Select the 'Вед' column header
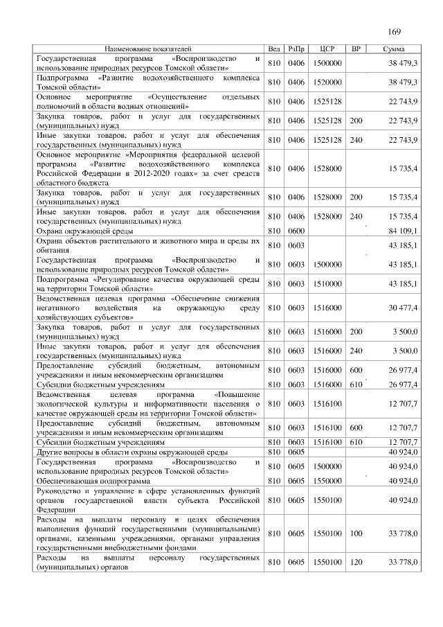[x=274, y=49]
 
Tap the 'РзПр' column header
[x=297, y=49]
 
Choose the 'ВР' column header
[x=356, y=49]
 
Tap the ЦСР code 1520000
[x=328, y=82]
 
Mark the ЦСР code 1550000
[x=328, y=480]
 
